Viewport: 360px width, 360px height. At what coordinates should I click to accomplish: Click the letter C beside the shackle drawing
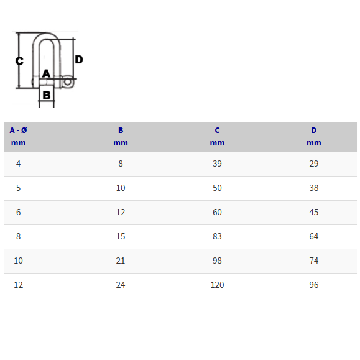[19, 61]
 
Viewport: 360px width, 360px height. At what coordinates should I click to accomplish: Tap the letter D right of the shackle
[79, 60]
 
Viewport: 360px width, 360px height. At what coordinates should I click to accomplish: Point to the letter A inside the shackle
[46, 73]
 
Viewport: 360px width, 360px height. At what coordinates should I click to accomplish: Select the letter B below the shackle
[47, 95]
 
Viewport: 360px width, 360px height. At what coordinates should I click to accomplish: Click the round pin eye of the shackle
[68, 81]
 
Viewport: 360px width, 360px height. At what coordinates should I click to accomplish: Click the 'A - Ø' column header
[19, 131]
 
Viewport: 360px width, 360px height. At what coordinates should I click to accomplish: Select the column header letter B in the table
[121, 131]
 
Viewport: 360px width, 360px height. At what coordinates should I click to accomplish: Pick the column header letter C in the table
[217, 131]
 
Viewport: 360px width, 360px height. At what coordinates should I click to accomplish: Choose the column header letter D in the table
[313, 131]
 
